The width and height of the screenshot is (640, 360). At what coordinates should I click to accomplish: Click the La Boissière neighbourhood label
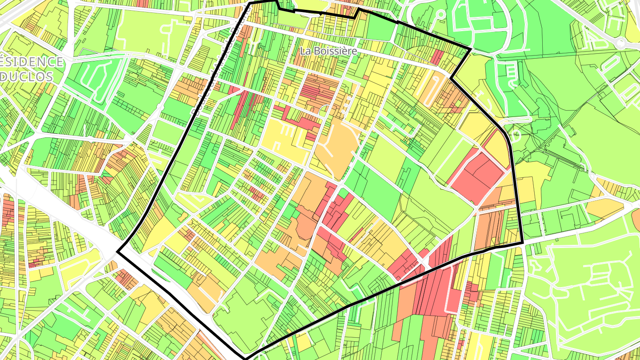click(328, 51)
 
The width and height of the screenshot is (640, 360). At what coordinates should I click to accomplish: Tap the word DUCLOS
click(26, 76)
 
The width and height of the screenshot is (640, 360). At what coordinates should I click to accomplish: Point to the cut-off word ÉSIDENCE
click(31, 62)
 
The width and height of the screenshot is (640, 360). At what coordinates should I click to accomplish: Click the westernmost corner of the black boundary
click(118, 252)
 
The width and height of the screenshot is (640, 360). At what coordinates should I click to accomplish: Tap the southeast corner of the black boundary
click(522, 243)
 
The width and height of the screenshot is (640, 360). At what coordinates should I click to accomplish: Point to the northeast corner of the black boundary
click(470, 48)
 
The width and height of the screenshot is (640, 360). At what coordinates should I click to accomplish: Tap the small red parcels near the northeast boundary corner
click(437, 57)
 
